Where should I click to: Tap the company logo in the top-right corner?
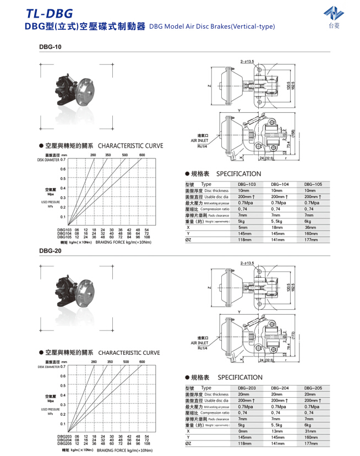click(334, 17)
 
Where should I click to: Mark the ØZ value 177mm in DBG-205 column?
click(312, 443)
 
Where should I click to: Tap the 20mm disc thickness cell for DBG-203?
click(243, 394)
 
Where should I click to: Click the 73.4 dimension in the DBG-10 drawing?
click(288, 146)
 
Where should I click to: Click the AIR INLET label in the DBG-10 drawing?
click(200, 140)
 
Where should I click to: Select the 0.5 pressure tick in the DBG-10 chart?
click(63, 178)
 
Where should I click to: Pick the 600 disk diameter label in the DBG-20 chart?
click(142, 361)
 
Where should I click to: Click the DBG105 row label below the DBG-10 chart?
click(64, 237)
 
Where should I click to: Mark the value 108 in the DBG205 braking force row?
click(146, 443)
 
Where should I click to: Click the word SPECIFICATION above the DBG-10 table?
click(239, 173)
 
